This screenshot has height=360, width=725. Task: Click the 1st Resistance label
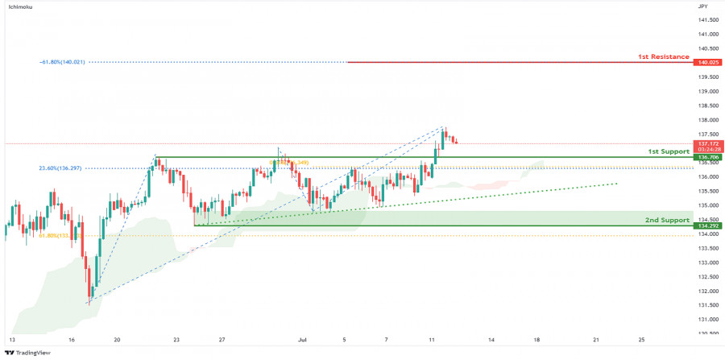663,56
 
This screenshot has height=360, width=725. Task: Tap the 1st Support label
669,151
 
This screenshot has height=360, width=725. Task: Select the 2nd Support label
667,220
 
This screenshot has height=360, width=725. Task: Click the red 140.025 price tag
708,62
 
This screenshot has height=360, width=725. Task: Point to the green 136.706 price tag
708,158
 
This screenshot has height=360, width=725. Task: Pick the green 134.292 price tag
708,226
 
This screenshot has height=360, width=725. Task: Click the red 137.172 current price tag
708,143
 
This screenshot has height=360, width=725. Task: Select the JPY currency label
703,6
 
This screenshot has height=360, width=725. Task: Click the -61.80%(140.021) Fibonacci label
64,62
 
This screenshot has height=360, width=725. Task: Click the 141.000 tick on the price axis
708,34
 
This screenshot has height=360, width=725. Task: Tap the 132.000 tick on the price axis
708,291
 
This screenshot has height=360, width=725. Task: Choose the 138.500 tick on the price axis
708,106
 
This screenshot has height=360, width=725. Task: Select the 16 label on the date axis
72,341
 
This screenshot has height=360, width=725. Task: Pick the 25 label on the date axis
641,341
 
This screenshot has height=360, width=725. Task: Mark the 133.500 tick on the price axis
708,248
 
